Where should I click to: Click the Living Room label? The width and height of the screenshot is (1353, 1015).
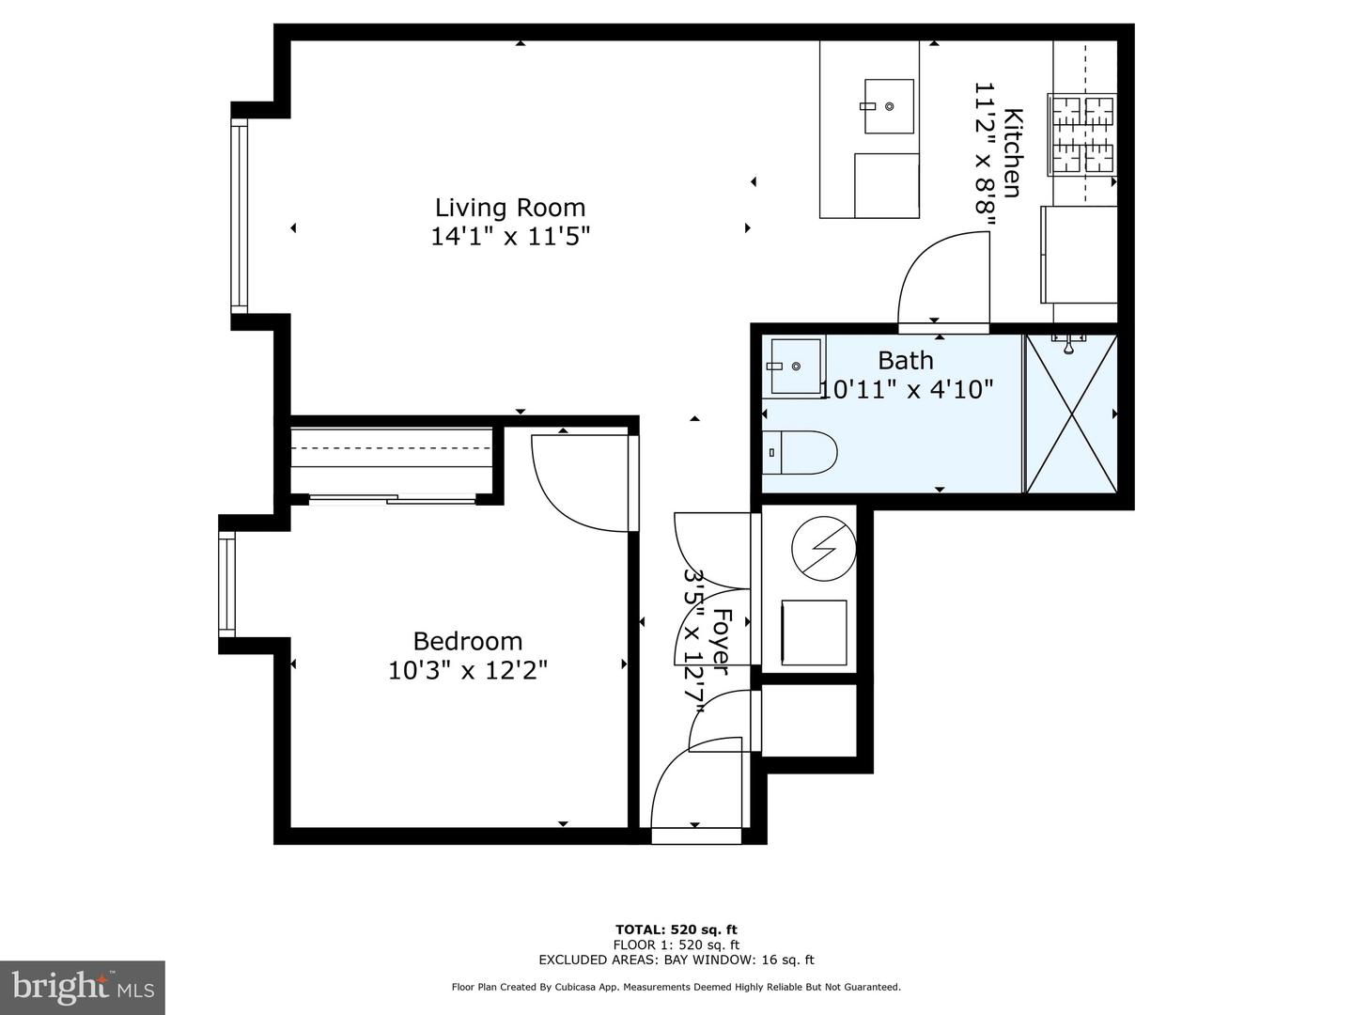tap(509, 208)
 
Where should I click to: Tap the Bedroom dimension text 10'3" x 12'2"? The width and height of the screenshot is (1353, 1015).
tap(467, 670)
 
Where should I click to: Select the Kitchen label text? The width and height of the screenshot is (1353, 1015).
tap(1012, 153)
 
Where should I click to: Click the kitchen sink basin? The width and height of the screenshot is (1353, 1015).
tap(888, 106)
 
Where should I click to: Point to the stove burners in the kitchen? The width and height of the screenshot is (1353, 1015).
tap(1082, 133)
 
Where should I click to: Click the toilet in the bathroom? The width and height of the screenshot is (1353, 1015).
tap(799, 453)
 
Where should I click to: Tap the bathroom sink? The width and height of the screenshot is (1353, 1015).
tap(794, 366)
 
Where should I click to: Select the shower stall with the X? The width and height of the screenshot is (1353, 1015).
tap(1071, 414)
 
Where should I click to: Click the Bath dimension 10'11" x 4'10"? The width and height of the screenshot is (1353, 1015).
tap(906, 389)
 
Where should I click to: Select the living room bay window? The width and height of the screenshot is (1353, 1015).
tap(241, 218)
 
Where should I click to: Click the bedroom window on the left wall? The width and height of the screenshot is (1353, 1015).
tap(226, 584)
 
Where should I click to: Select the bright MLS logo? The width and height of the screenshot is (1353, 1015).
tap(82, 987)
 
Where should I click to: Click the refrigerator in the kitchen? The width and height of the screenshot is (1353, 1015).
tap(1079, 254)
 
